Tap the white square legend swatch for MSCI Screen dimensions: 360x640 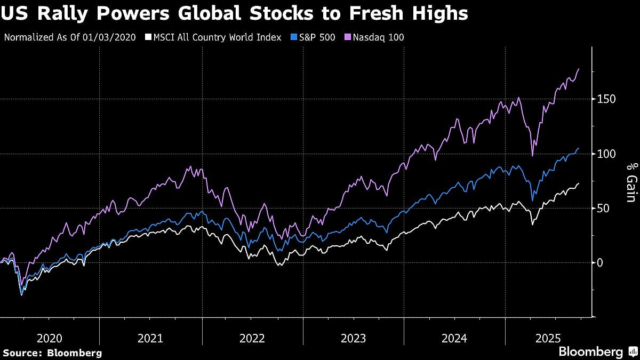tap(148, 37)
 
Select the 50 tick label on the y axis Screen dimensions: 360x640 tap(602, 208)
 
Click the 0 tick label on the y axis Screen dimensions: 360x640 tap(599, 262)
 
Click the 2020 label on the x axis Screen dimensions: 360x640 tap(49, 338)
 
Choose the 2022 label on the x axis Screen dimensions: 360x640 tap(252, 338)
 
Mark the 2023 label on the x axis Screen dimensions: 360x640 tap(353, 338)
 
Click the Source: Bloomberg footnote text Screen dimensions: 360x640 tap(52, 353)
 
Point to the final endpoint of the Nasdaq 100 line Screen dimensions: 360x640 tap(579, 69)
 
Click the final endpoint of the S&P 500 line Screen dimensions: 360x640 tap(579, 148)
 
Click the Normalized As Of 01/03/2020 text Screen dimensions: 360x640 tap(70, 37)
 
